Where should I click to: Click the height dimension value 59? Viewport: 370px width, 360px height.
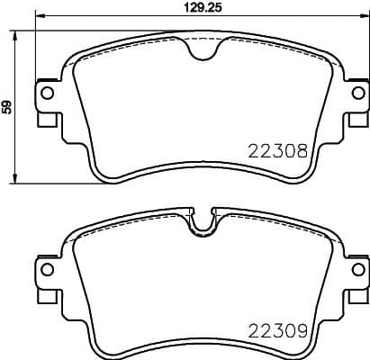point(8,106)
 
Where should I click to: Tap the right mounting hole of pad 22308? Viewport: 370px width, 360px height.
point(357,92)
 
